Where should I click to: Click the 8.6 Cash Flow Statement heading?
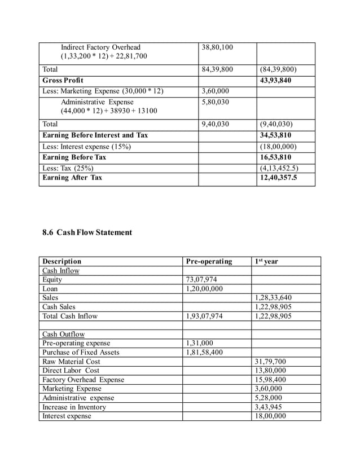tap(87, 232)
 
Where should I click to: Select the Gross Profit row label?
tap(63, 81)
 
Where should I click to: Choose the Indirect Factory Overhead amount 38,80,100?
tap(217, 47)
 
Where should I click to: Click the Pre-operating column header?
tap(209, 262)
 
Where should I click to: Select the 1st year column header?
tap(266, 262)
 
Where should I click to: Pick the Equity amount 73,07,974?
tap(201, 280)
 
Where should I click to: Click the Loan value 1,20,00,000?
tap(204, 289)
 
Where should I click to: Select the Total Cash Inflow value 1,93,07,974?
tap(204, 316)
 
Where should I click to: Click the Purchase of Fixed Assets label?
tap(81, 353)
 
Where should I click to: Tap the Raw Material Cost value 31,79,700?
tap(270, 362)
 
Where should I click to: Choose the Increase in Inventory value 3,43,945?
tap(268, 407)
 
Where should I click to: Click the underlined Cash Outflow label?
tap(63, 334)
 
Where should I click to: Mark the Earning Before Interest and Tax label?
tap(95, 135)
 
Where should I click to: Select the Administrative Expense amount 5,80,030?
tap(215, 102)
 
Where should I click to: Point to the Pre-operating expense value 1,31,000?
tap(199, 343)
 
